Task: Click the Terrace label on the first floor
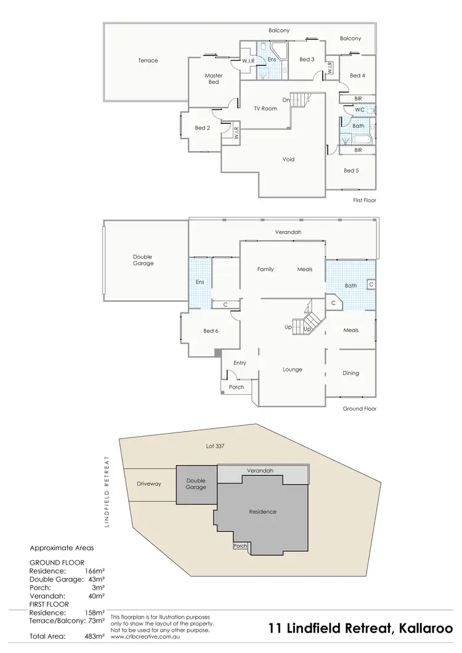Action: (x=148, y=60)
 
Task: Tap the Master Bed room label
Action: (x=213, y=79)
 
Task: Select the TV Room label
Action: (x=265, y=108)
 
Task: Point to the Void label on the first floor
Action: (x=288, y=160)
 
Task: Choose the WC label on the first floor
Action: (x=359, y=110)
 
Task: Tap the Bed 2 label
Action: (x=203, y=128)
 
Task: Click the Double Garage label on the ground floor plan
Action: (x=142, y=261)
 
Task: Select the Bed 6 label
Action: (x=211, y=331)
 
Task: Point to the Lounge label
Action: (x=293, y=370)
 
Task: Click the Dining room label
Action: (x=351, y=373)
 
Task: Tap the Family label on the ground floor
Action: (x=265, y=269)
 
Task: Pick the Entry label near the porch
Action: (x=240, y=363)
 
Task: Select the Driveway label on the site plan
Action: (x=149, y=484)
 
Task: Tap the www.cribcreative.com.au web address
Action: (x=142, y=637)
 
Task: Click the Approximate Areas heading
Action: (x=62, y=547)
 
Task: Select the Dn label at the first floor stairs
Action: (x=286, y=100)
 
